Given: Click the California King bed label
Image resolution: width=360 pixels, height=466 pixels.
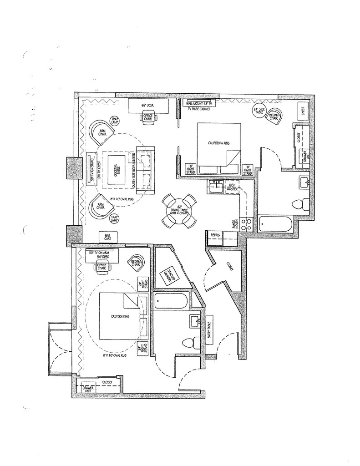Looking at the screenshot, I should point(218,143).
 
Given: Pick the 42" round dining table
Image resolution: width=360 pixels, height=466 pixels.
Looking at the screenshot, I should point(179,211).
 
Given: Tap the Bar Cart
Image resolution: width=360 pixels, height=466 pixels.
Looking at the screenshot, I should point(108,237).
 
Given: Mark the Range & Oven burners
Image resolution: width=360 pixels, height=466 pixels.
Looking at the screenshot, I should point(246,224).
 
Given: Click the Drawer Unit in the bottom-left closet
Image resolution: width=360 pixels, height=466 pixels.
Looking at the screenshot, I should point(88,388).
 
